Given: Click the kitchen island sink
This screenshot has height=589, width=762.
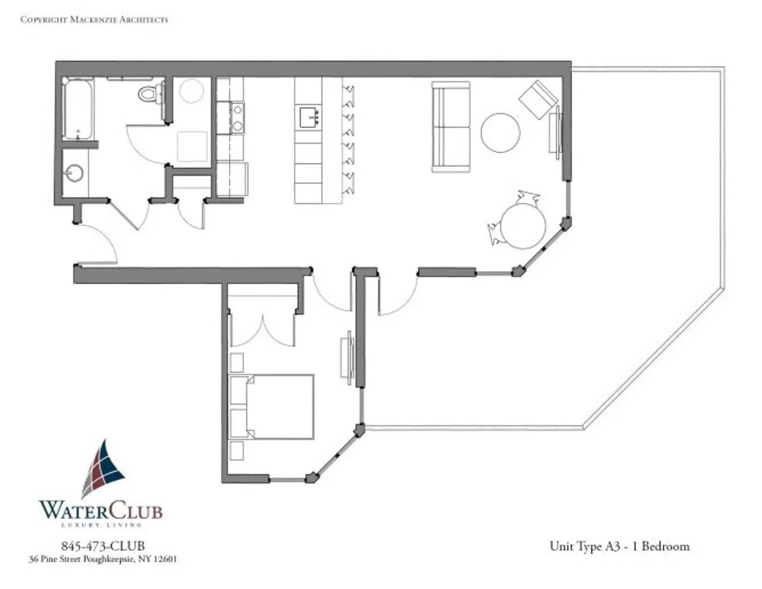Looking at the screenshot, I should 309,117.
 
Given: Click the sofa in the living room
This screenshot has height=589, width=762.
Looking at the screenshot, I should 451,127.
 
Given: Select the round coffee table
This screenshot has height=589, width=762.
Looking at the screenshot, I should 500,133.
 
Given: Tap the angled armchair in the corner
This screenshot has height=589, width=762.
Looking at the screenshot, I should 538,99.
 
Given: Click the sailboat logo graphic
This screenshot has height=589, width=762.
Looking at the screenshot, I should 104,468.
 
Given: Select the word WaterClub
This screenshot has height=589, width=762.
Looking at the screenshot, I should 100,510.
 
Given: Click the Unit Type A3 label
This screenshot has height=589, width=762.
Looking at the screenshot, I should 619,546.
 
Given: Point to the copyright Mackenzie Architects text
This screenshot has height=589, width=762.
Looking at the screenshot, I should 94,20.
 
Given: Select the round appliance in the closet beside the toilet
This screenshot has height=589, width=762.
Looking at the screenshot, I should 191,91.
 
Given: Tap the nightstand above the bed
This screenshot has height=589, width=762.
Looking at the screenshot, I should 237,362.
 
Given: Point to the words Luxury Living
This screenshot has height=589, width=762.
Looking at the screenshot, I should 101,525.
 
